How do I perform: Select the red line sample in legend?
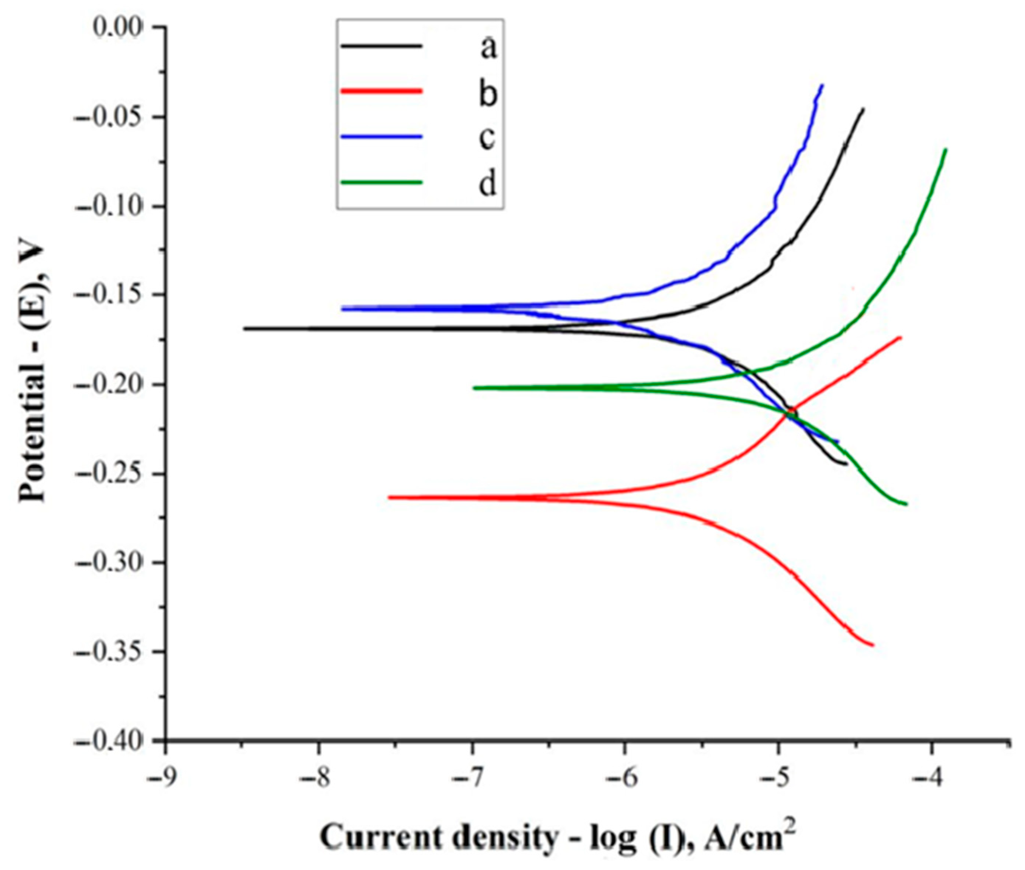tap(382, 91)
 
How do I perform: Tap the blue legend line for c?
tap(382, 137)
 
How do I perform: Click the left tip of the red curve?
tap(389, 498)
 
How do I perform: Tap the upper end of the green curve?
tap(946, 149)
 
